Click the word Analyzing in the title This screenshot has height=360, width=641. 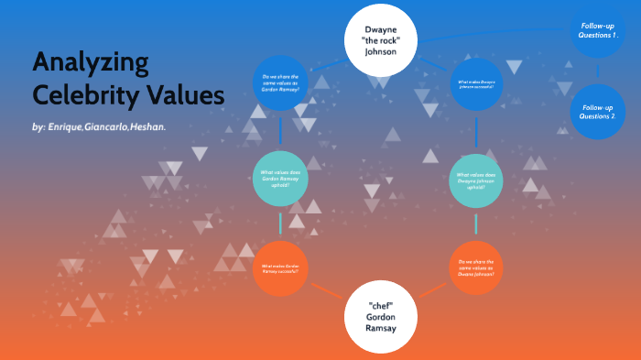(x=91, y=64)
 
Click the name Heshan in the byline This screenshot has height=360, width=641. (x=148, y=126)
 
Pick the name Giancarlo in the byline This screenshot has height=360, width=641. (x=107, y=126)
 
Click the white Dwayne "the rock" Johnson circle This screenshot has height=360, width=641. (x=380, y=40)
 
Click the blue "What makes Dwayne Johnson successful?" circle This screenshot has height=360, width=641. (x=477, y=86)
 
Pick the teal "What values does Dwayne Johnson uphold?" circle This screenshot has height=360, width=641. (x=477, y=180)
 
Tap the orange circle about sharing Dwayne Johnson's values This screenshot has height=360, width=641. (x=477, y=267)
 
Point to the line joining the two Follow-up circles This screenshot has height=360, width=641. (x=598, y=71)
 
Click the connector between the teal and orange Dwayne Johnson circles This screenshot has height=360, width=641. (x=477, y=224)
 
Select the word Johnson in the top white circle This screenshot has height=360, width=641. (x=380, y=52)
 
